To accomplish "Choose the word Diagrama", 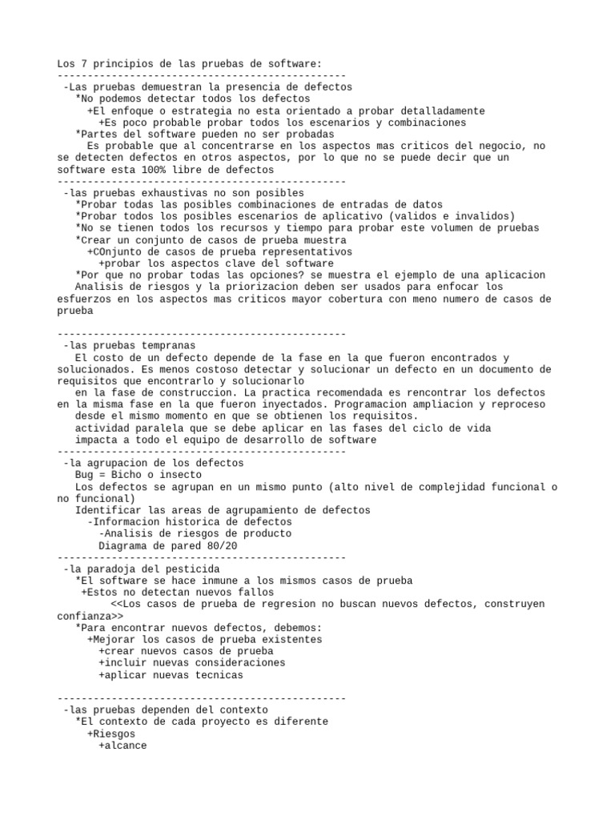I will tap(121, 545).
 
